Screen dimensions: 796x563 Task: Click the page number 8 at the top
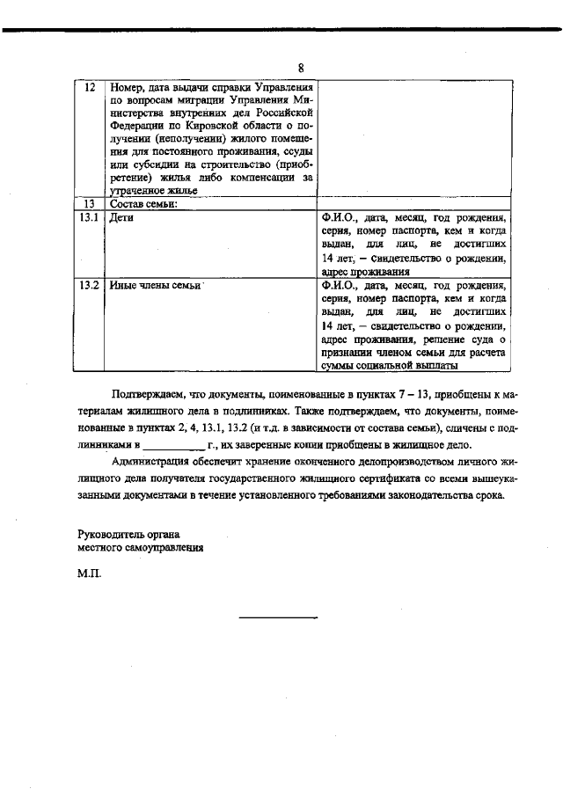click(x=301, y=69)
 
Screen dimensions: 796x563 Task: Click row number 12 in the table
click(x=89, y=88)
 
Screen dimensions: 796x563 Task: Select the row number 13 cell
click(x=89, y=204)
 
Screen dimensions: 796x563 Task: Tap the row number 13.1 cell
click(x=89, y=217)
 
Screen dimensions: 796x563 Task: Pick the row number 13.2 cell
click(x=89, y=286)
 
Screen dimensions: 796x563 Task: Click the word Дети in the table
click(x=121, y=217)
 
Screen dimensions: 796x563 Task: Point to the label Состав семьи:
click(x=143, y=204)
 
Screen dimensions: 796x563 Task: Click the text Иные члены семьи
click(x=153, y=286)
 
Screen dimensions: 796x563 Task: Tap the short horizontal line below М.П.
click(x=279, y=618)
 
